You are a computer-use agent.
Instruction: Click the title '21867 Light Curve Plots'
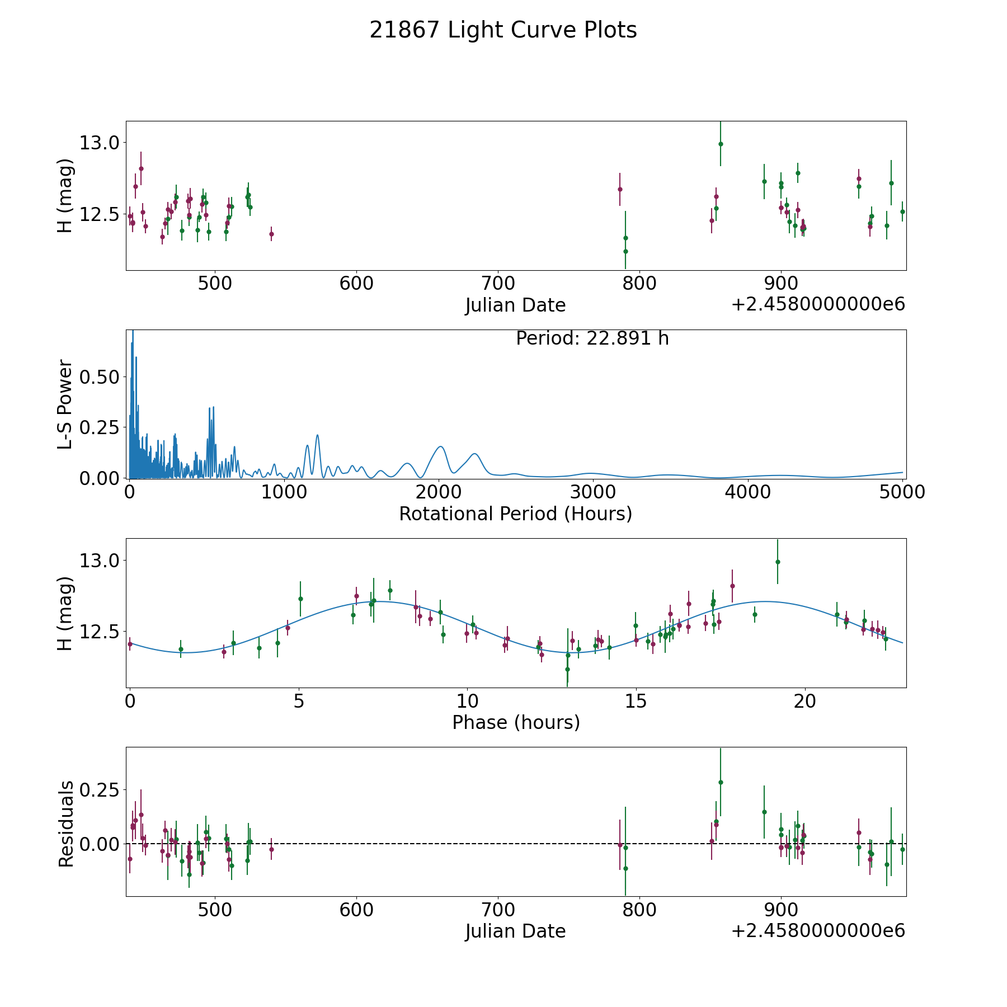[x=503, y=30]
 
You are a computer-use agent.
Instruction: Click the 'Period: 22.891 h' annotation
[x=592, y=338]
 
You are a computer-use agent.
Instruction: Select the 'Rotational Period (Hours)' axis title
[x=515, y=514]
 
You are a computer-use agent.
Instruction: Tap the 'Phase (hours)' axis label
[x=515, y=722]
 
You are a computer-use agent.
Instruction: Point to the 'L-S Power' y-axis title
[x=65, y=404]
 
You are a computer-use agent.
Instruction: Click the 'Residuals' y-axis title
[x=65, y=824]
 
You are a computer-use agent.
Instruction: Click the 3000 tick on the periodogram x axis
[x=593, y=492]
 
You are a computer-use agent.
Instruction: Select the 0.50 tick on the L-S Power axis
[x=100, y=377]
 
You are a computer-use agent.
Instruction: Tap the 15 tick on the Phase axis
[x=636, y=701]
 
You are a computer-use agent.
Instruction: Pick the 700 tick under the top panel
[x=498, y=284]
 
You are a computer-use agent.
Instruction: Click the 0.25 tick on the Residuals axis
[x=100, y=790]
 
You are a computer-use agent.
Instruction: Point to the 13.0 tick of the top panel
[x=100, y=143]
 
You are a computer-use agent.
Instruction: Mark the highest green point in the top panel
[x=721, y=144]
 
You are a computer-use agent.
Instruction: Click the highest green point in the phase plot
[x=777, y=562]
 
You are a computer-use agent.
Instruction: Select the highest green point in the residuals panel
[x=721, y=782]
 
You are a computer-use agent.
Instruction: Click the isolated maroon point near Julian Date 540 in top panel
[x=271, y=234]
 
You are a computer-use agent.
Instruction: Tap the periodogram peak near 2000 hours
[x=440, y=446]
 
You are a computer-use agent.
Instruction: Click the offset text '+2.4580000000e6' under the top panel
[x=818, y=304]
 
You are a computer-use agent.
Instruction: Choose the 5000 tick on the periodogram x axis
[x=902, y=492]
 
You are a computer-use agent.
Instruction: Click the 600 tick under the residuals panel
[x=356, y=910]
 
